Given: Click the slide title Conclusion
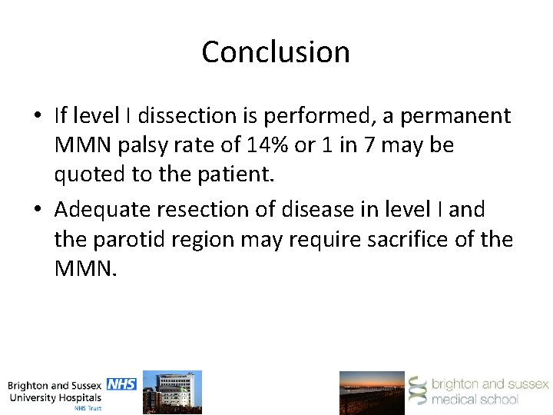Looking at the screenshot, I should point(276,52).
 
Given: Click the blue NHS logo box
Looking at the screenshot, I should point(121,383).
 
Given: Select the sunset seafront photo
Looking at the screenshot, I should point(372,393).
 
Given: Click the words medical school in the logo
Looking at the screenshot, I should point(475,399).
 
